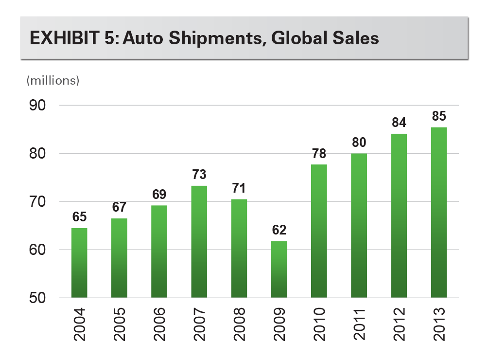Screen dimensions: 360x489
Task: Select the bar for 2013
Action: tap(438, 212)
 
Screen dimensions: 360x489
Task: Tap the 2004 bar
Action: tap(79, 263)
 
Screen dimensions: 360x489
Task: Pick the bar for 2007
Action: tap(199, 241)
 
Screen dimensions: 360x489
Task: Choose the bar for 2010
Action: tap(319, 231)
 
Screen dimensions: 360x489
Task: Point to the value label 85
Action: tap(438, 117)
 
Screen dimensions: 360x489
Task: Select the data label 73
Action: tap(199, 175)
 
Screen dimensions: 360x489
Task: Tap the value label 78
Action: tap(319, 154)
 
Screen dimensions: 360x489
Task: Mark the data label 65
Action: tap(79, 217)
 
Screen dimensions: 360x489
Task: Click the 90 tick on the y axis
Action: tap(38, 105)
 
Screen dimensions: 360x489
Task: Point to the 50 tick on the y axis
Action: tap(38, 298)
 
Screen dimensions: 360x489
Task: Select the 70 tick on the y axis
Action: tap(38, 201)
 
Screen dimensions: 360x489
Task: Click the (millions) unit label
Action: tap(52, 81)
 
